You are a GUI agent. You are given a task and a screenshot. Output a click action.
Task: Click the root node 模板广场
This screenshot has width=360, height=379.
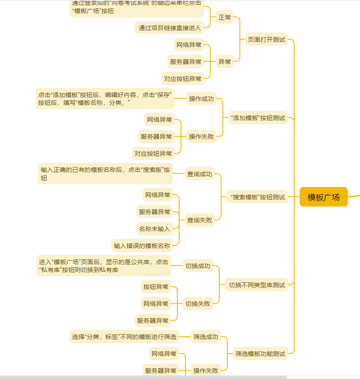323,197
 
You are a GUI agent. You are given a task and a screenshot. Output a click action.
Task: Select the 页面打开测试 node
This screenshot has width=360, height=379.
267,40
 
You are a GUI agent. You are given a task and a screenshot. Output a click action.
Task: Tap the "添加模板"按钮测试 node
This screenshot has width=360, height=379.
258,117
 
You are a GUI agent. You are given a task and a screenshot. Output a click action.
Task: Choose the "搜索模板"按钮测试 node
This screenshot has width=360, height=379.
257,197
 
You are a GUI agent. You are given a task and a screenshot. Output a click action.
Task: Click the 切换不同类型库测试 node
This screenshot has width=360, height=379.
257,285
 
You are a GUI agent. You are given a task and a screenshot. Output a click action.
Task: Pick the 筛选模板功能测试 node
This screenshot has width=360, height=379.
260,353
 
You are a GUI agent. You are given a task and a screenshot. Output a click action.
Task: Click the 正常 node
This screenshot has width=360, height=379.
225,18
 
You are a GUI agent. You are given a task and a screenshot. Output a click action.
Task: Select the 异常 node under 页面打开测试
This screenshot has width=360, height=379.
225,61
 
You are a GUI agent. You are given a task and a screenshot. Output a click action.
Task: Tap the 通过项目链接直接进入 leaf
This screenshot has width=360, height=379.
170,28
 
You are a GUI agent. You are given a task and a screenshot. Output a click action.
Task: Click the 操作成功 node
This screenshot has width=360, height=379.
201,99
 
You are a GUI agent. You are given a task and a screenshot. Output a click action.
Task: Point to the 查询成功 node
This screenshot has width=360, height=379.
200,174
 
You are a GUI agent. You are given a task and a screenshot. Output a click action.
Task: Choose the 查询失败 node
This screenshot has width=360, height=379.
200,220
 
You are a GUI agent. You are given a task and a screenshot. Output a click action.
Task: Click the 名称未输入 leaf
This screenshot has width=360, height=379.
155,228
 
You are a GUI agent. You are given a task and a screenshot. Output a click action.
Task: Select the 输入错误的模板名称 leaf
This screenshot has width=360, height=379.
142,245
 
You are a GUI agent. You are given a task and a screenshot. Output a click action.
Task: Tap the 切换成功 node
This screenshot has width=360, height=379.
198,265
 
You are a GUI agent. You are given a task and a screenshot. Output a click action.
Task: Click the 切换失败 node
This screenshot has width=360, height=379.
198,303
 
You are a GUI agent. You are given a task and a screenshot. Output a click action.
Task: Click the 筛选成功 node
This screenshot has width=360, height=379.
206,336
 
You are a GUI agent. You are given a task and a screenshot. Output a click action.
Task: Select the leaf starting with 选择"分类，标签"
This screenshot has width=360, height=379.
124,336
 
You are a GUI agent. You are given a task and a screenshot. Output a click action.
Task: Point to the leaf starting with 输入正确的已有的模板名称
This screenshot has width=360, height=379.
106,173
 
